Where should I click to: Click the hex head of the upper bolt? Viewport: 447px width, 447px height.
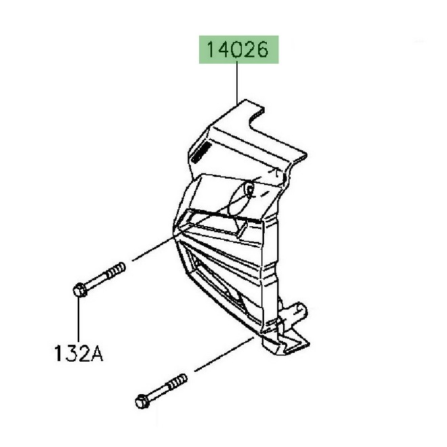(79, 291)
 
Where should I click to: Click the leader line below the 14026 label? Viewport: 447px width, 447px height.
(238, 82)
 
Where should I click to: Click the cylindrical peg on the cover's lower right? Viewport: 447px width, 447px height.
(296, 314)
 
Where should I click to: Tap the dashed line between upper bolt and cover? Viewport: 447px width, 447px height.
(152, 249)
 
